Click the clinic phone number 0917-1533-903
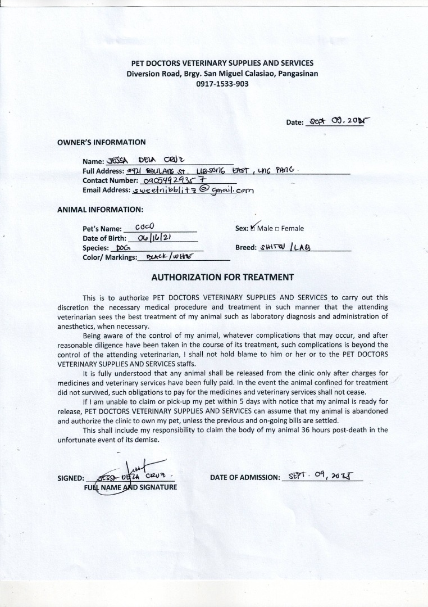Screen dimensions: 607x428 (222, 84)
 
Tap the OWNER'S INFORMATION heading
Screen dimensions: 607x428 (101, 142)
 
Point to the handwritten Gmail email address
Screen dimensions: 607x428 (192, 190)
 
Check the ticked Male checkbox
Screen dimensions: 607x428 (253, 229)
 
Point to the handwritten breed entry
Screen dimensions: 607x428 (285, 247)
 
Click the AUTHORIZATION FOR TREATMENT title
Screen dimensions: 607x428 (222, 277)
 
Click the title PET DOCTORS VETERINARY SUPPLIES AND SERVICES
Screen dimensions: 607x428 (222, 64)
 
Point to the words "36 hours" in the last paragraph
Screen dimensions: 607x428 (322, 430)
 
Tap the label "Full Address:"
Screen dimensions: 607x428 (103, 171)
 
